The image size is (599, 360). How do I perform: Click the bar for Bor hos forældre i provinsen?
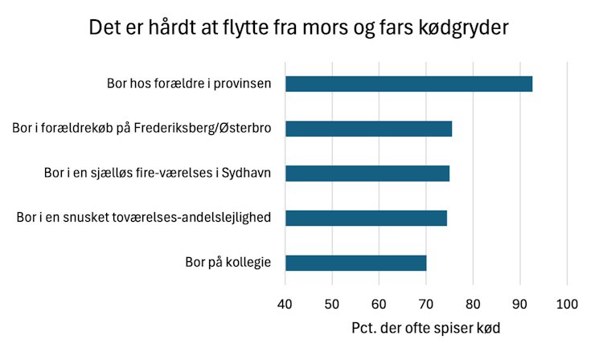pyautogui.click(x=408, y=84)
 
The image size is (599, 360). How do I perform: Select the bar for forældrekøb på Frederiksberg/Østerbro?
pyautogui.click(x=368, y=129)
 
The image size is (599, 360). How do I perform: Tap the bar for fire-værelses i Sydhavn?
pyautogui.click(x=367, y=173)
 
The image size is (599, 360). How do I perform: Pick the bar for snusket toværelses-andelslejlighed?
pyautogui.click(x=366, y=218)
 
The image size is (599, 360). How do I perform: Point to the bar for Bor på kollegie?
pyautogui.click(x=355, y=263)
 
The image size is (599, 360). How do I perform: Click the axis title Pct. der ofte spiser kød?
pyautogui.click(x=426, y=329)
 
